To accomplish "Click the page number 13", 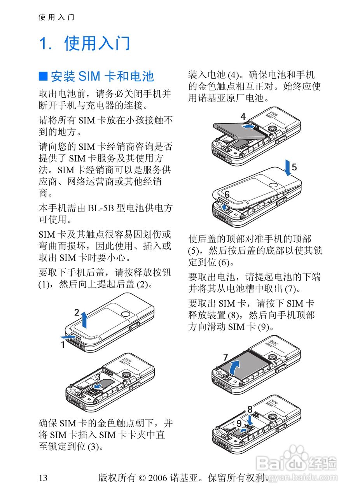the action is point(43,478).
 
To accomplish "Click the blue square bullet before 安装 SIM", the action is point(43,76).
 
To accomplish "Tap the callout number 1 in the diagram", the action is point(63,345).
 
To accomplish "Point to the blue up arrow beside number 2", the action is point(84,320).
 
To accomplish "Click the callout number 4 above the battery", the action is point(243,117).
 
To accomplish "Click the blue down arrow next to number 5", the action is point(288,167).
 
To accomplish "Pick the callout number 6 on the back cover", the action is point(227,194).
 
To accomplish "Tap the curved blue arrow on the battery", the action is point(234,368).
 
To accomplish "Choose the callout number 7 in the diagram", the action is point(225,357).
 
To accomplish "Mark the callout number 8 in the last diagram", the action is point(250,409).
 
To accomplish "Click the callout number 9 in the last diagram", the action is point(239,423).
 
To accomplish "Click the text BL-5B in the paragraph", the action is point(101,208).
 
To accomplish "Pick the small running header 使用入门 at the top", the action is point(56,17).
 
